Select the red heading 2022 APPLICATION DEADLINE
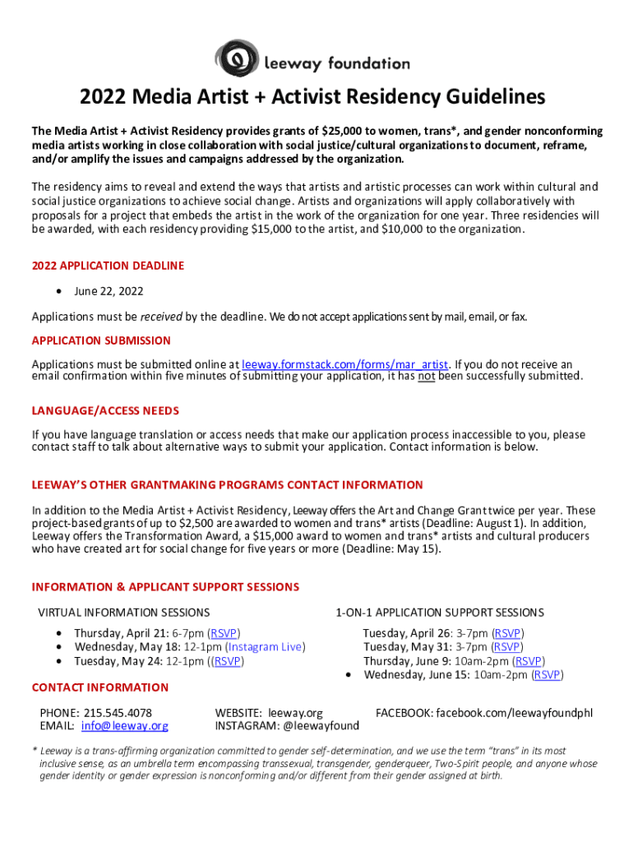tap(108, 266)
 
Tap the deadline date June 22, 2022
tap(109, 291)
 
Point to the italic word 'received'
tap(161, 316)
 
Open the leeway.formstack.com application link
tap(345, 364)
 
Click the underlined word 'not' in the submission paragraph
tap(424, 377)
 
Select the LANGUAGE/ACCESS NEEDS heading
tap(105, 410)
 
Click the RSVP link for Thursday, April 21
tap(224, 633)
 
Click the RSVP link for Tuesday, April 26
tap(507, 633)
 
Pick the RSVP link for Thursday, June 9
tap(528, 660)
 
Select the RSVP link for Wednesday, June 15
tap(547, 675)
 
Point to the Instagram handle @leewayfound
tap(321, 726)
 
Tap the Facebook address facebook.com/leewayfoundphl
tap(514, 712)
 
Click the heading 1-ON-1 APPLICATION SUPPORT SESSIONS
tap(439, 612)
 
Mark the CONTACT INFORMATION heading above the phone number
tap(99, 687)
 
